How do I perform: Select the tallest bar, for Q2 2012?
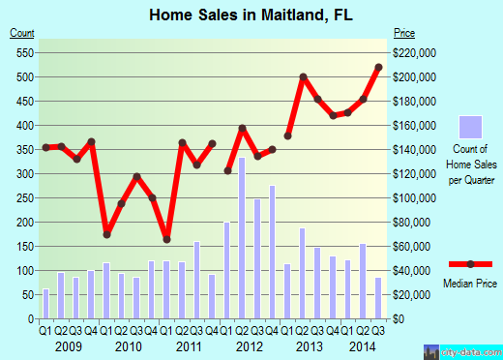tap(241, 238)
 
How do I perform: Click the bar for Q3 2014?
tap(377, 298)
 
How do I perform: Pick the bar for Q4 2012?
tap(272, 252)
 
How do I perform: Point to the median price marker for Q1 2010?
tap(106, 234)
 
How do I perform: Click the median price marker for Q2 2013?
tap(303, 76)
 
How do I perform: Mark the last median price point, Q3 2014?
tap(377, 67)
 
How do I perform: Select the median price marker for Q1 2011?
tap(166, 239)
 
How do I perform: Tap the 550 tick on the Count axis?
tap(22, 53)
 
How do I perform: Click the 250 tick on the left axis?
tap(22, 198)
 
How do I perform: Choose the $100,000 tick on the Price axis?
tap(414, 198)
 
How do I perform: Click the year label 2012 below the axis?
tap(249, 345)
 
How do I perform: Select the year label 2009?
tap(69, 345)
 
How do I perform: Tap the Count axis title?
tap(22, 35)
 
